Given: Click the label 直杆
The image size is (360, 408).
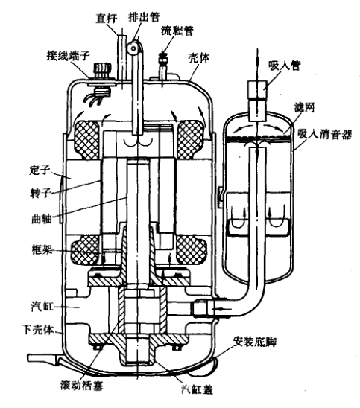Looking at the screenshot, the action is (107, 18).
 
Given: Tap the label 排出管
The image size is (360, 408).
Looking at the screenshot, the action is (144, 16).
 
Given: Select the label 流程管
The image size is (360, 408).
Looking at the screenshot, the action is (177, 31).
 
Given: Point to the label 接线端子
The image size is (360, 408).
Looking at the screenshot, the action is (69, 55).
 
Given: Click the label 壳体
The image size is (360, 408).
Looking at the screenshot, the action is (199, 58).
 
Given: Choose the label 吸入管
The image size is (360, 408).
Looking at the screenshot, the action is (285, 66).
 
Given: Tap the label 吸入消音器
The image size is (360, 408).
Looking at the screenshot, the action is (324, 134).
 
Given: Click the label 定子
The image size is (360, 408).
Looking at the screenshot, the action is (40, 170).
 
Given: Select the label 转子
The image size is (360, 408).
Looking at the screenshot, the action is (40, 193).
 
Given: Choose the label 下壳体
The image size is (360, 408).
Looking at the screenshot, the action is (38, 329).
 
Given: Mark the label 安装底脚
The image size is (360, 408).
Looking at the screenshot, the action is (254, 342).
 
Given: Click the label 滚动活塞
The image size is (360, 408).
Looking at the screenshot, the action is (81, 385).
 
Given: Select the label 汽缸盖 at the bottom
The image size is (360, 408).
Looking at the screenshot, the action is (198, 389).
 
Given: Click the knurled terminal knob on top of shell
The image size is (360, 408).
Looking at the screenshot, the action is (103, 69).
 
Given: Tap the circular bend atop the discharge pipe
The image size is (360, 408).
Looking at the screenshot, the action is (134, 48).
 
